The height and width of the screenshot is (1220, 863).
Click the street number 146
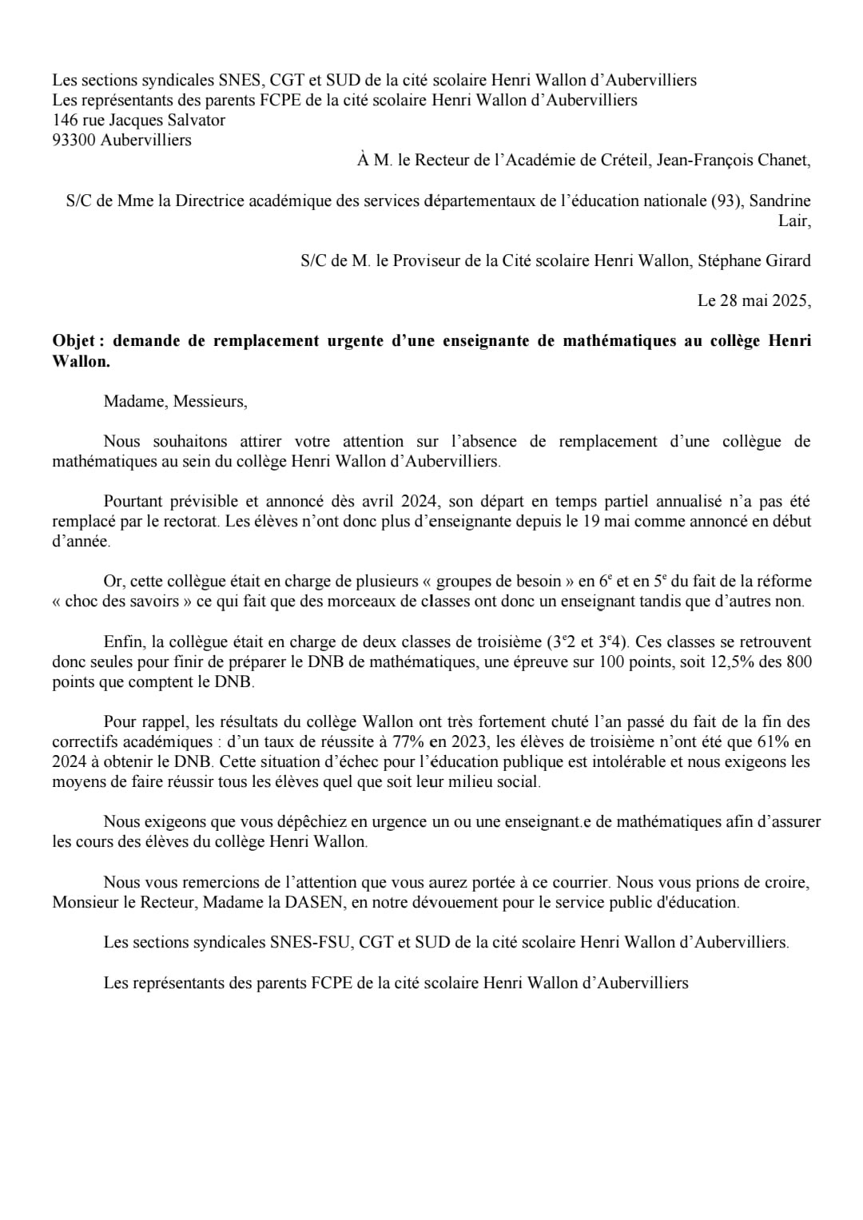[64, 121]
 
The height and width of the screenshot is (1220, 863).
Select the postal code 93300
[74, 141]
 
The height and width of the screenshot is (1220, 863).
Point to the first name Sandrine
[780, 201]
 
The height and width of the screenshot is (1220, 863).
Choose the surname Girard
[785, 260]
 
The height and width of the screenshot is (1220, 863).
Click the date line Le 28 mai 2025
[754, 301]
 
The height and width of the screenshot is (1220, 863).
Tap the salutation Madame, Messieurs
[175, 401]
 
